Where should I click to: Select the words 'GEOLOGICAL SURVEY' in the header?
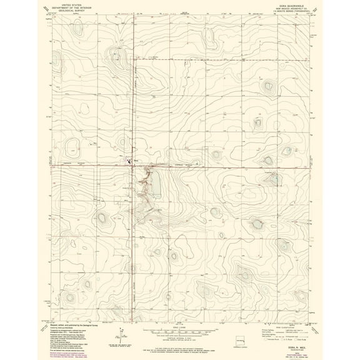pyautogui.click(x=71, y=11)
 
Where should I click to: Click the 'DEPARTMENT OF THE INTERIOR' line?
pyautogui.click(x=71, y=7)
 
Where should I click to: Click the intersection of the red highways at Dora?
pyautogui.click(x=134, y=166)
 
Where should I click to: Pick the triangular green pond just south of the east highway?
pyautogui.click(x=274, y=180)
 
